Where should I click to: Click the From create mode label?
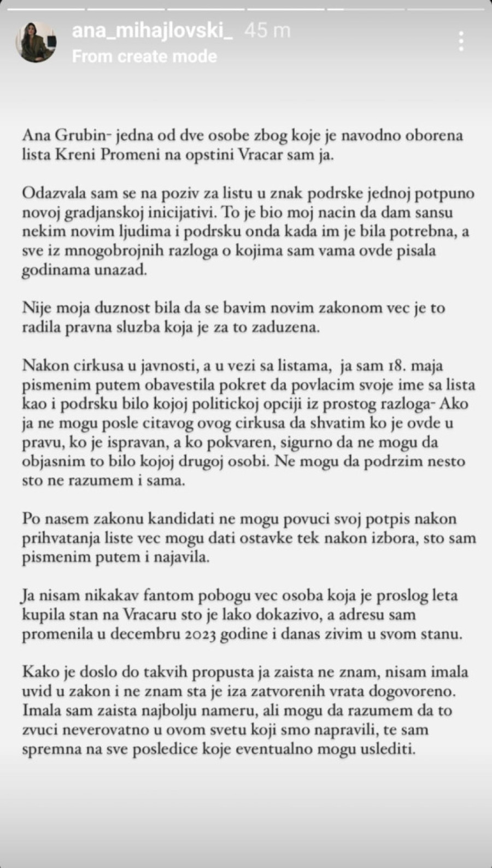click(x=144, y=56)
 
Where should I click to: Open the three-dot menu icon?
click(x=462, y=42)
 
